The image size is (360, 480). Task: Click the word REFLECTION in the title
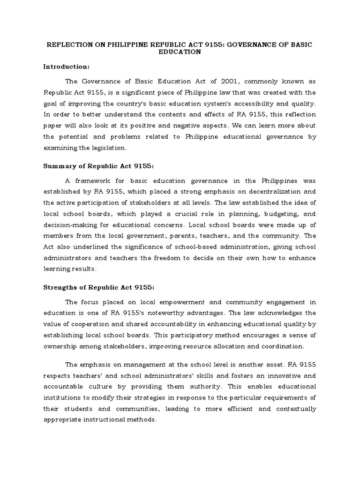67,44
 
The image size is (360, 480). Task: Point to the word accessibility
252,103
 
